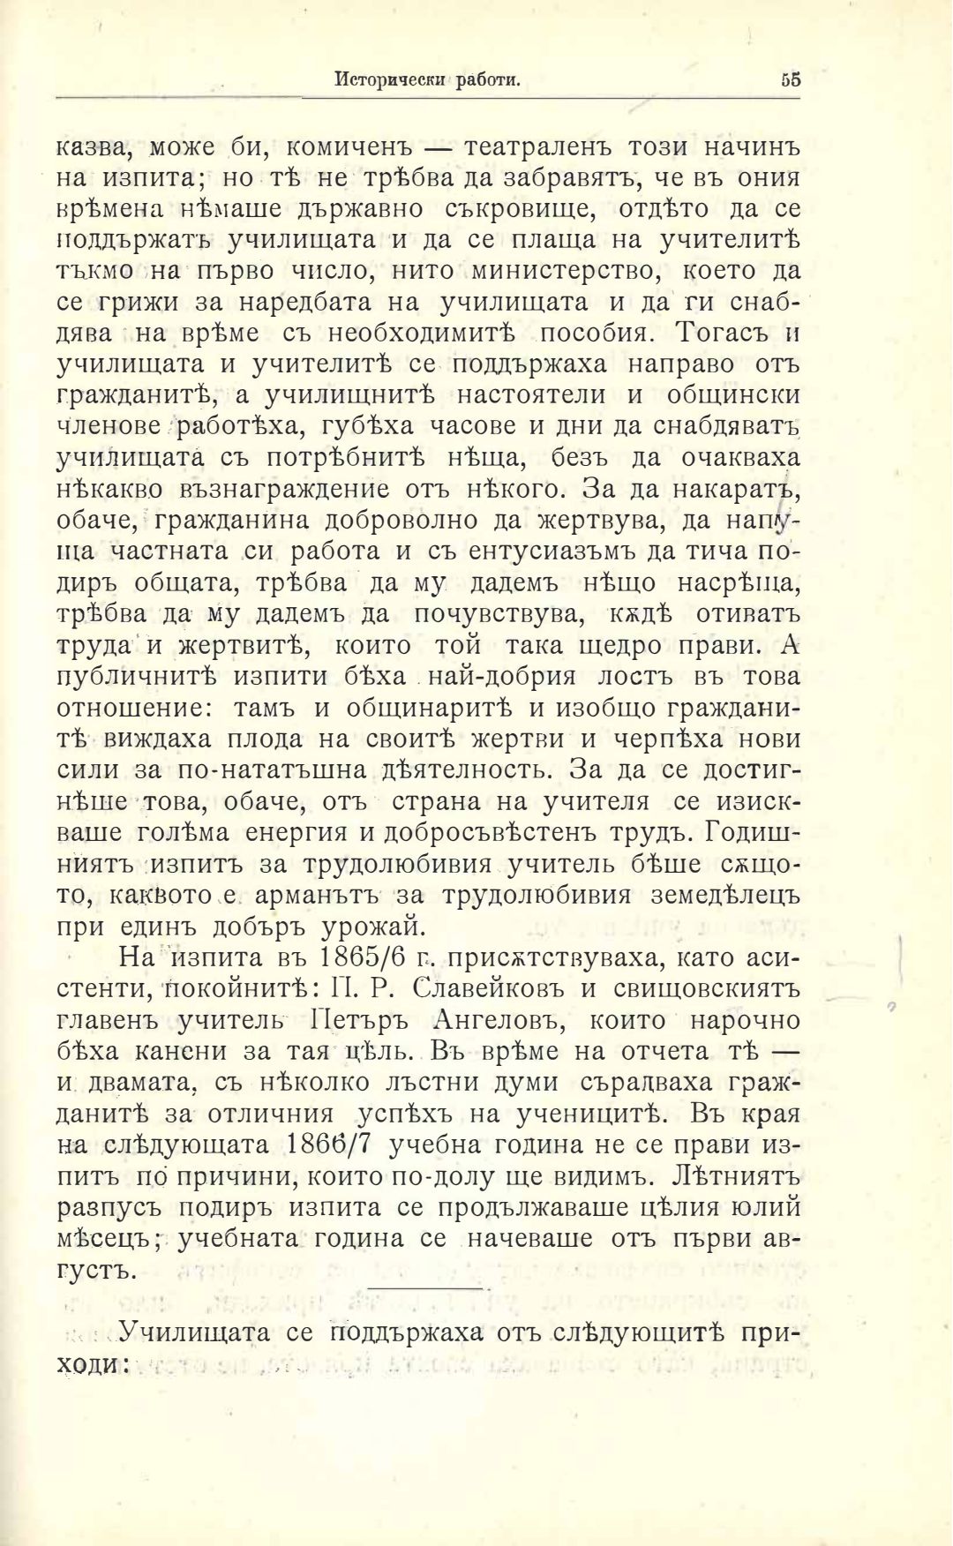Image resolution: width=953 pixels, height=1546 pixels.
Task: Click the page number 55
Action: pyautogui.click(x=790, y=79)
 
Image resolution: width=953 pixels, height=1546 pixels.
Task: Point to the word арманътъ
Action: pyautogui.click(x=315, y=897)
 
